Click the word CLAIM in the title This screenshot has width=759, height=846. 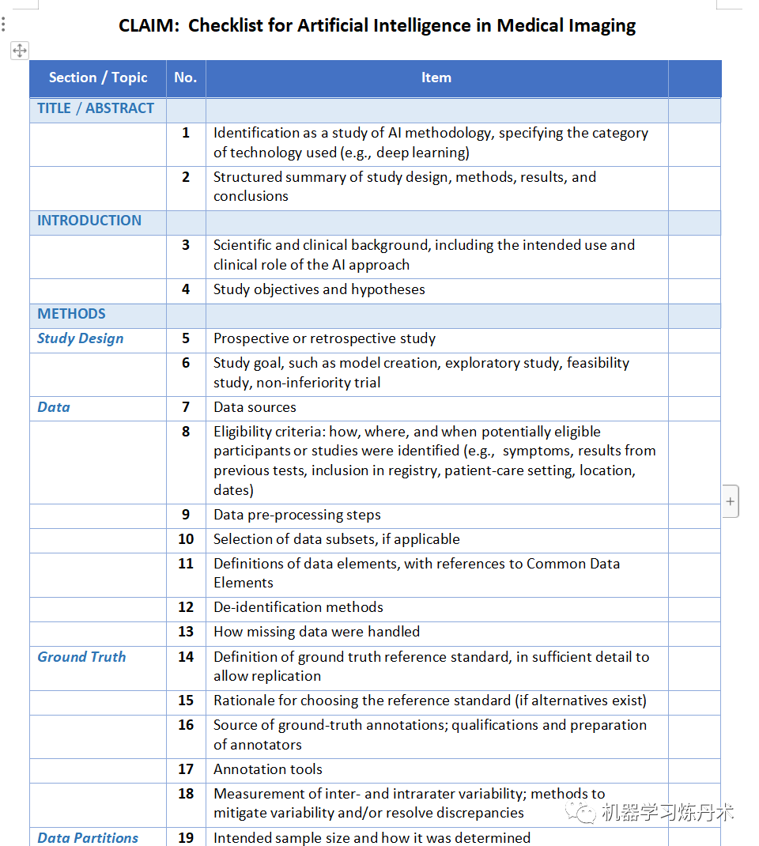[148, 26]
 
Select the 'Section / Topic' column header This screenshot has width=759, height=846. [98, 77]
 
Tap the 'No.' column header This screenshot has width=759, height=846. [185, 77]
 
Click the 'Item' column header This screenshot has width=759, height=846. [436, 77]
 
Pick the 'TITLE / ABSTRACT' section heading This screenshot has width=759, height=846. [96, 109]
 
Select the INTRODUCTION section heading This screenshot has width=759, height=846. [89, 221]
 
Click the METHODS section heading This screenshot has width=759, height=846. [71, 314]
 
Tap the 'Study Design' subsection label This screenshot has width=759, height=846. [80, 339]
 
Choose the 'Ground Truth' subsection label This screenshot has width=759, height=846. [81, 657]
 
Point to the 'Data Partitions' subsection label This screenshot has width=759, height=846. [88, 837]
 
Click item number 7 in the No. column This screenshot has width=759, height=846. [186, 407]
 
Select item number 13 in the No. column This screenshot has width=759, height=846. [186, 632]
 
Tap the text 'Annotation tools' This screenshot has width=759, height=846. [268, 769]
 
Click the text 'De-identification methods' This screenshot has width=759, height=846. [298, 607]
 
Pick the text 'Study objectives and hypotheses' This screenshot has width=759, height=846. [319, 289]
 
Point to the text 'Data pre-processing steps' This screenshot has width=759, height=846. [296, 515]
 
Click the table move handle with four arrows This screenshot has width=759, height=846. [20, 51]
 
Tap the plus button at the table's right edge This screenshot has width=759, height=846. [730, 501]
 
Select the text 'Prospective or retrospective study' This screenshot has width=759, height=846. [324, 339]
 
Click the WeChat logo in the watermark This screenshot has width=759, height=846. [585, 812]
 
